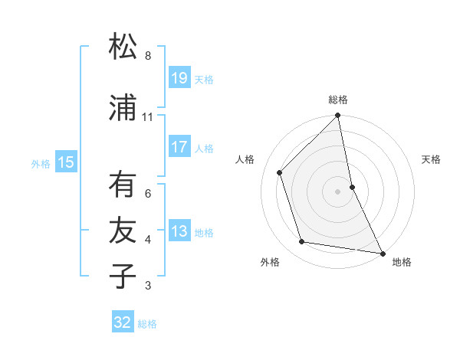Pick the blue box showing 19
coord(179,78)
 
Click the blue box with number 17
coord(179,147)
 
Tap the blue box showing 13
coord(179,231)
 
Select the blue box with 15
coord(66,162)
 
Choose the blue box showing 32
coord(123,322)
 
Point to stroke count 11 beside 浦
coord(148,117)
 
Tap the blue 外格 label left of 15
coord(41,163)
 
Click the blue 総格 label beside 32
coord(147,324)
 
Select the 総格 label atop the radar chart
coord(338,100)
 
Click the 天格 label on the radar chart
coord(432,159)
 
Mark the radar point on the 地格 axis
coord(382,253)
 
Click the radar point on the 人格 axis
coord(280,172)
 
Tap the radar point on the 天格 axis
coord(352,186)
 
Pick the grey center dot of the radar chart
coord(338,191)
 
